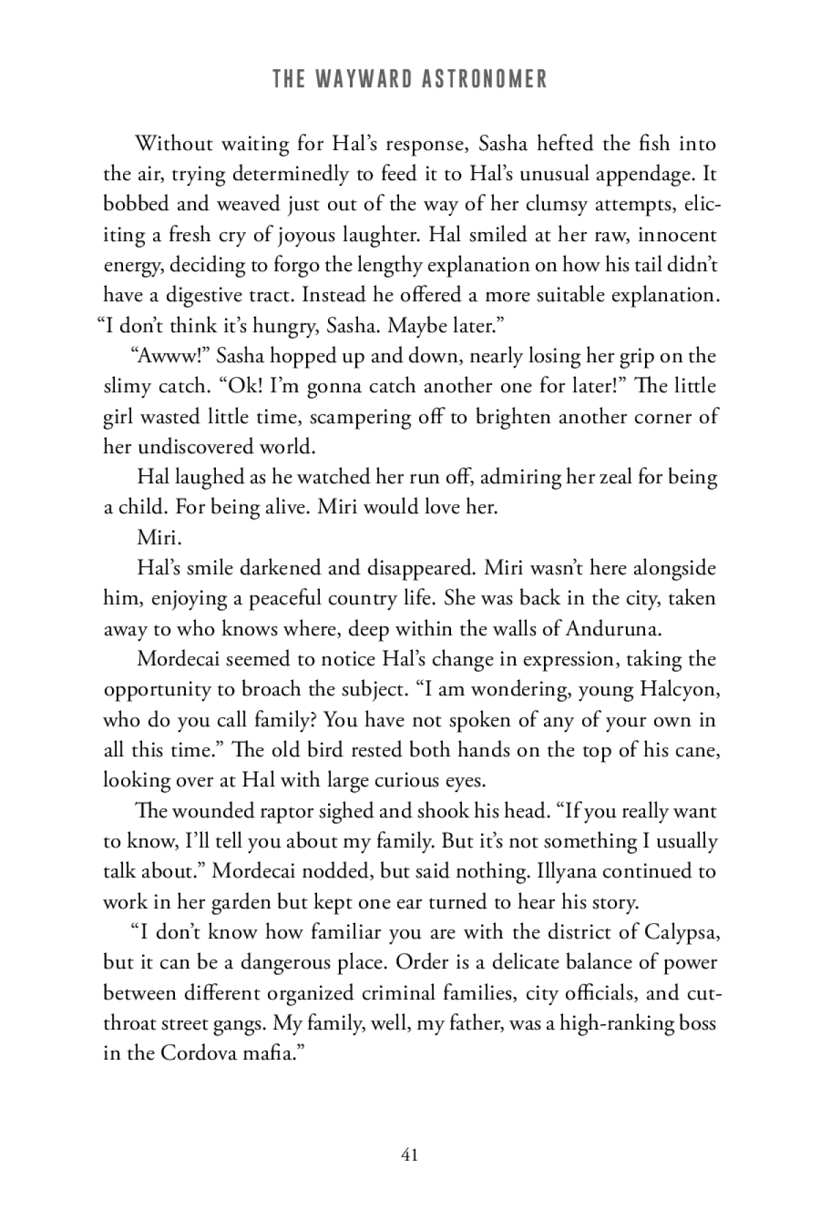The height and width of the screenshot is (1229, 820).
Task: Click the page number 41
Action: coord(410,1155)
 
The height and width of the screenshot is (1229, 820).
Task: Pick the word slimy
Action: coord(127,386)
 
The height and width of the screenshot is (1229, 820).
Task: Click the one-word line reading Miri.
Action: coord(159,537)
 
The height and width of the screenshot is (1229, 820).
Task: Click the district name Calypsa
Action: coord(672,932)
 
